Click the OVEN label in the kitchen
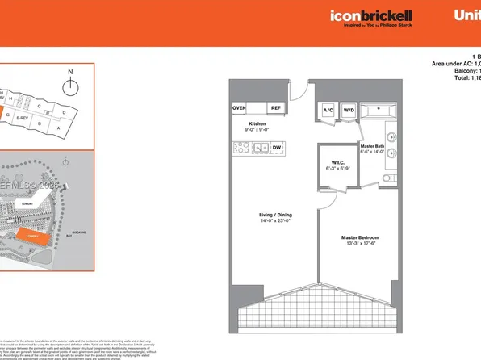click(239, 108)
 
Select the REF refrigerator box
click(275, 108)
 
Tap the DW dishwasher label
click(277, 148)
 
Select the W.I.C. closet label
click(334, 162)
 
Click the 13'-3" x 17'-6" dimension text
click(360, 244)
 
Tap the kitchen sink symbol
click(261, 148)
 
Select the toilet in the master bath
click(387, 178)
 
